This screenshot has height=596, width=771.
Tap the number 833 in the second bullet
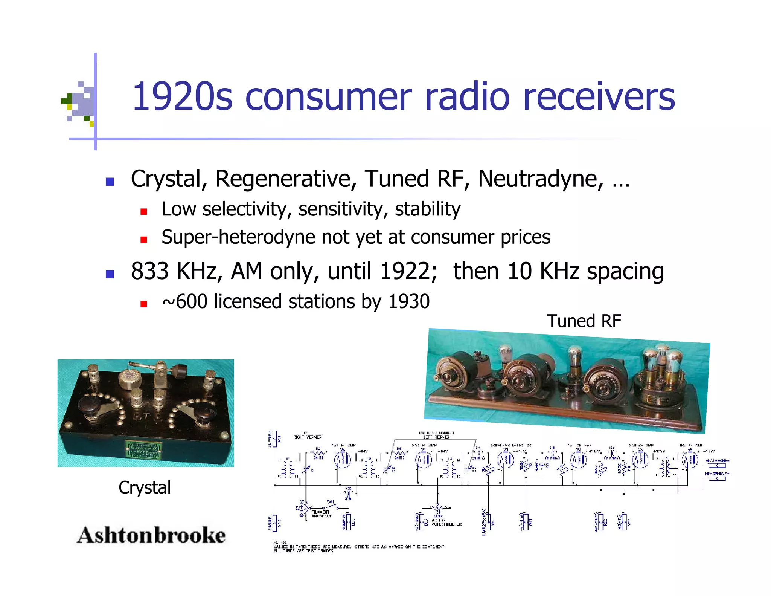(x=149, y=271)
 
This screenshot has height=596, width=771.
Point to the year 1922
(x=408, y=271)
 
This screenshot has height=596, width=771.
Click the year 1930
(x=408, y=302)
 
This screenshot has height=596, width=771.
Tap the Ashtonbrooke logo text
(x=151, y=535)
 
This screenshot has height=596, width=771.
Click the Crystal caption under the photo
(x=145, y=487)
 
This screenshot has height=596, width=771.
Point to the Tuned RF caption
(x=584, y=321)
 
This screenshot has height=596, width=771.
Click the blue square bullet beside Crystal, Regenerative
(x=110, y=182)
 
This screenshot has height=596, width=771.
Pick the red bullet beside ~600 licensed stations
(x=143, y=304)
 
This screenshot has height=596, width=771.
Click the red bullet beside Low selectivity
(x=143, y=212)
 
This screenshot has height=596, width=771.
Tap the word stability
(x=427, y=209)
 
